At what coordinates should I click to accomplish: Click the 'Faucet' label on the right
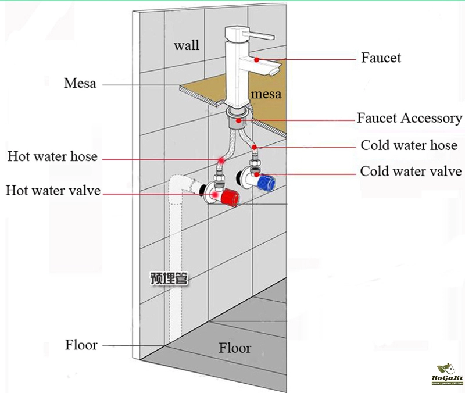pos(381,58)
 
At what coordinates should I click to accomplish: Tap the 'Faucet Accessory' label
pos(409,119)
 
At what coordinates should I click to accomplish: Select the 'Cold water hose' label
pos(409,145)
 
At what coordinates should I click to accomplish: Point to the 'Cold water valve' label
pos(411,172)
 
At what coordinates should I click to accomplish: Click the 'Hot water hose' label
pos(52,157)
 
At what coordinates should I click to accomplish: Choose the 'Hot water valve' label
pos(53,191)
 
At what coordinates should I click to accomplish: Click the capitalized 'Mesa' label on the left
pos(80,84)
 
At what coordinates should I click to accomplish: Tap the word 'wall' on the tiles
pos(187,45)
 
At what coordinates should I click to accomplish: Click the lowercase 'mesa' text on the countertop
pos(266,94)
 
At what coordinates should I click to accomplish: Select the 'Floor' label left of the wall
pos(81,345)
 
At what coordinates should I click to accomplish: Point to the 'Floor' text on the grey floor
pos(235,348)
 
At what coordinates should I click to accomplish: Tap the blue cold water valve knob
pos(268,181)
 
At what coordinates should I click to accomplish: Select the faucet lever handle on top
pos(256,35)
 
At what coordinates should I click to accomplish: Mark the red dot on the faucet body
pos(256,60)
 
